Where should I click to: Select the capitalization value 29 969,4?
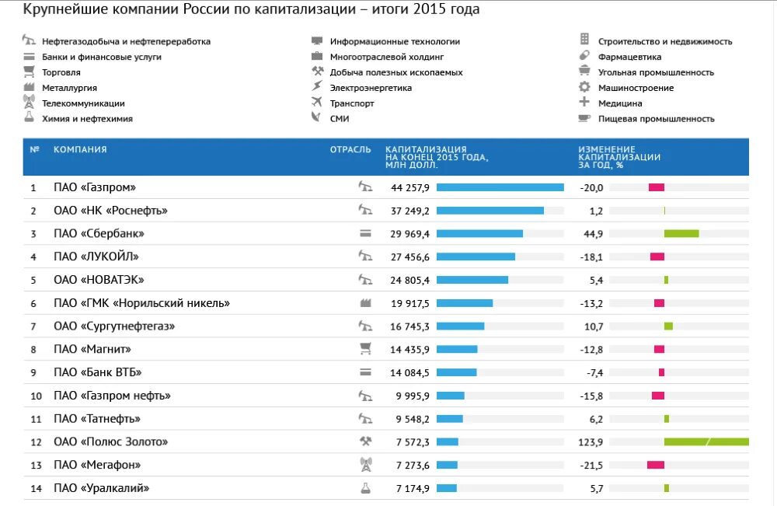click(x=410, y=234)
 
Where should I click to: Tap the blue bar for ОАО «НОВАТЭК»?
click(x=472, y=280)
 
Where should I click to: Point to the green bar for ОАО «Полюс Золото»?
click(x=706, y=442)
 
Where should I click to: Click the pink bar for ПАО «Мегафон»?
click(x=656, y=465)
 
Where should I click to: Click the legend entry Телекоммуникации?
click(x=83, y=103)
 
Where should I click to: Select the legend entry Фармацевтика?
click(x=629, y=57)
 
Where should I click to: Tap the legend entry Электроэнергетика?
click(x=371, y=88)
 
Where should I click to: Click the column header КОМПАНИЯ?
click(x=80, y=149)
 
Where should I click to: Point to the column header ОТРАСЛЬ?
click(x=350, y=149)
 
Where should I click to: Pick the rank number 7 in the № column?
click(x=33, y=326)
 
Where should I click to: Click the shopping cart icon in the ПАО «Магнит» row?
click(x=365, y=349)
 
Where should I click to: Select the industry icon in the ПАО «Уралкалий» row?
click(x=365, y=488)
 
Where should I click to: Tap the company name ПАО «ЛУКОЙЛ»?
click(x=96, y=256)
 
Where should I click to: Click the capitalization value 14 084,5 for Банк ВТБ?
click(x=410, y=373)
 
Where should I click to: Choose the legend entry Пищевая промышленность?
click(x=656, y=119)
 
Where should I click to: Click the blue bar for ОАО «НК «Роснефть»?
click(x=490, y=211)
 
